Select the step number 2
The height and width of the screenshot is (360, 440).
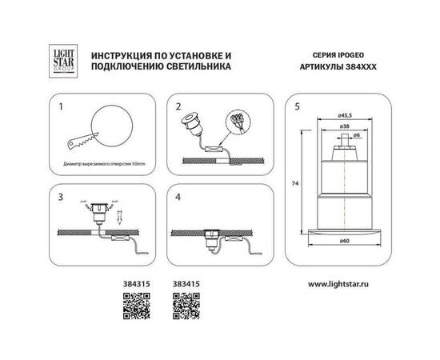coord(179,106)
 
